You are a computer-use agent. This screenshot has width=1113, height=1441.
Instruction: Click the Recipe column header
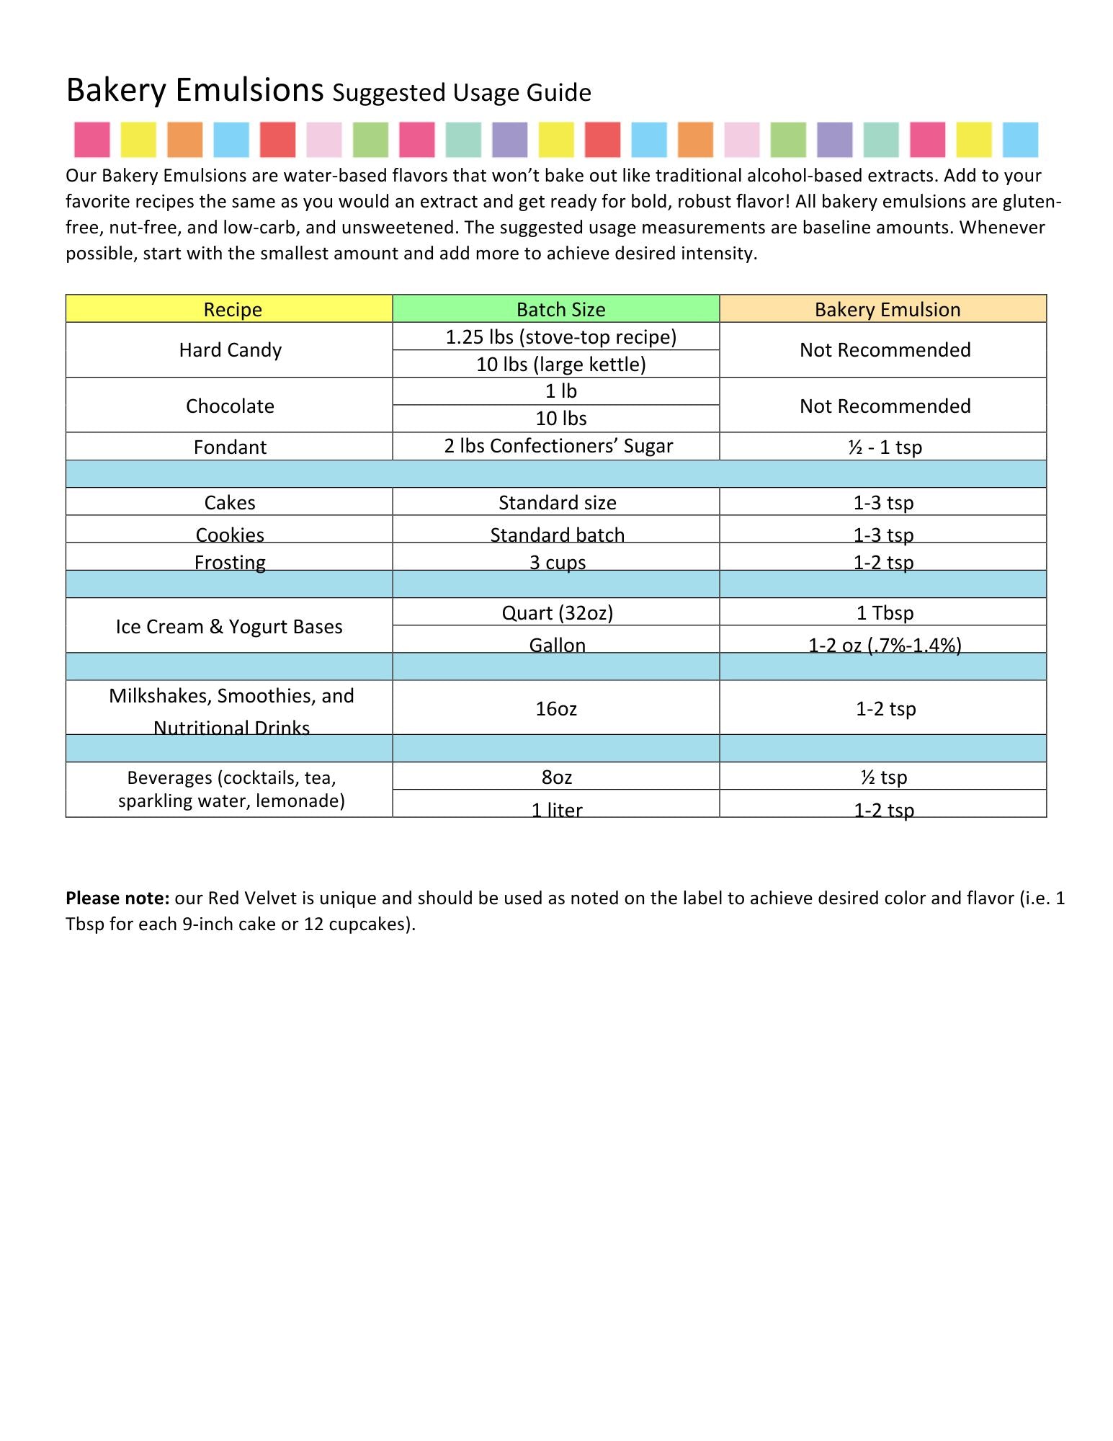point(232,309)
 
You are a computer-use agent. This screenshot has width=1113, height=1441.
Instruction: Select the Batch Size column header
point(560,309)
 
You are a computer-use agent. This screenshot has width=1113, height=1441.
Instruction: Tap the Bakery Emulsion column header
point(887,309)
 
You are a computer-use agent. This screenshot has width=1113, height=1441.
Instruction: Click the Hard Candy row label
point(230,350)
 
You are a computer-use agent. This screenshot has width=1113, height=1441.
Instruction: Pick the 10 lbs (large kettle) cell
point(560,364)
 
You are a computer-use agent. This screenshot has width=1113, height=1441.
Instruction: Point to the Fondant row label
point(230,447)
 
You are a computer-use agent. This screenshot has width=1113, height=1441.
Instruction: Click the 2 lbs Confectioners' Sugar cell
point(558,446)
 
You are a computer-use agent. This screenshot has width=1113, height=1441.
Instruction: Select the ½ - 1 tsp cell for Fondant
point(885,447)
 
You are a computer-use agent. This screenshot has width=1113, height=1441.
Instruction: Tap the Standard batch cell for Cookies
point(557,534)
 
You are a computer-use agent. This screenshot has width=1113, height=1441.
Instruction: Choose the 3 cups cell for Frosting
point(557,561)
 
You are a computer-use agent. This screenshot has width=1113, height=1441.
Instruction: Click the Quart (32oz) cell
point(557,612)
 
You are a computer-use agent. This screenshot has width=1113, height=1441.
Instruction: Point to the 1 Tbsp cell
point(885,612)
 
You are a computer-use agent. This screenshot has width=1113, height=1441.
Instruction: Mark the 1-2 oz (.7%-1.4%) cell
point(885,644)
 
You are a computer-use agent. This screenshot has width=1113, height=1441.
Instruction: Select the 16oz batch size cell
point(556,709)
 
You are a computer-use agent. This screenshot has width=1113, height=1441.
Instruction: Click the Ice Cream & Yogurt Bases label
point(229,627)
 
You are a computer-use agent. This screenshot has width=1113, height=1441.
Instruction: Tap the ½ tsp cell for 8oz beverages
point(883,777)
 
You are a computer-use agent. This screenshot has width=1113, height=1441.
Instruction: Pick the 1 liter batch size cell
point(557,809)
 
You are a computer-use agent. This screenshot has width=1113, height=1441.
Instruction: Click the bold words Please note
point(117,898)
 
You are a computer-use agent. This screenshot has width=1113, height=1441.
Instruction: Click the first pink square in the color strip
point(92,140)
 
